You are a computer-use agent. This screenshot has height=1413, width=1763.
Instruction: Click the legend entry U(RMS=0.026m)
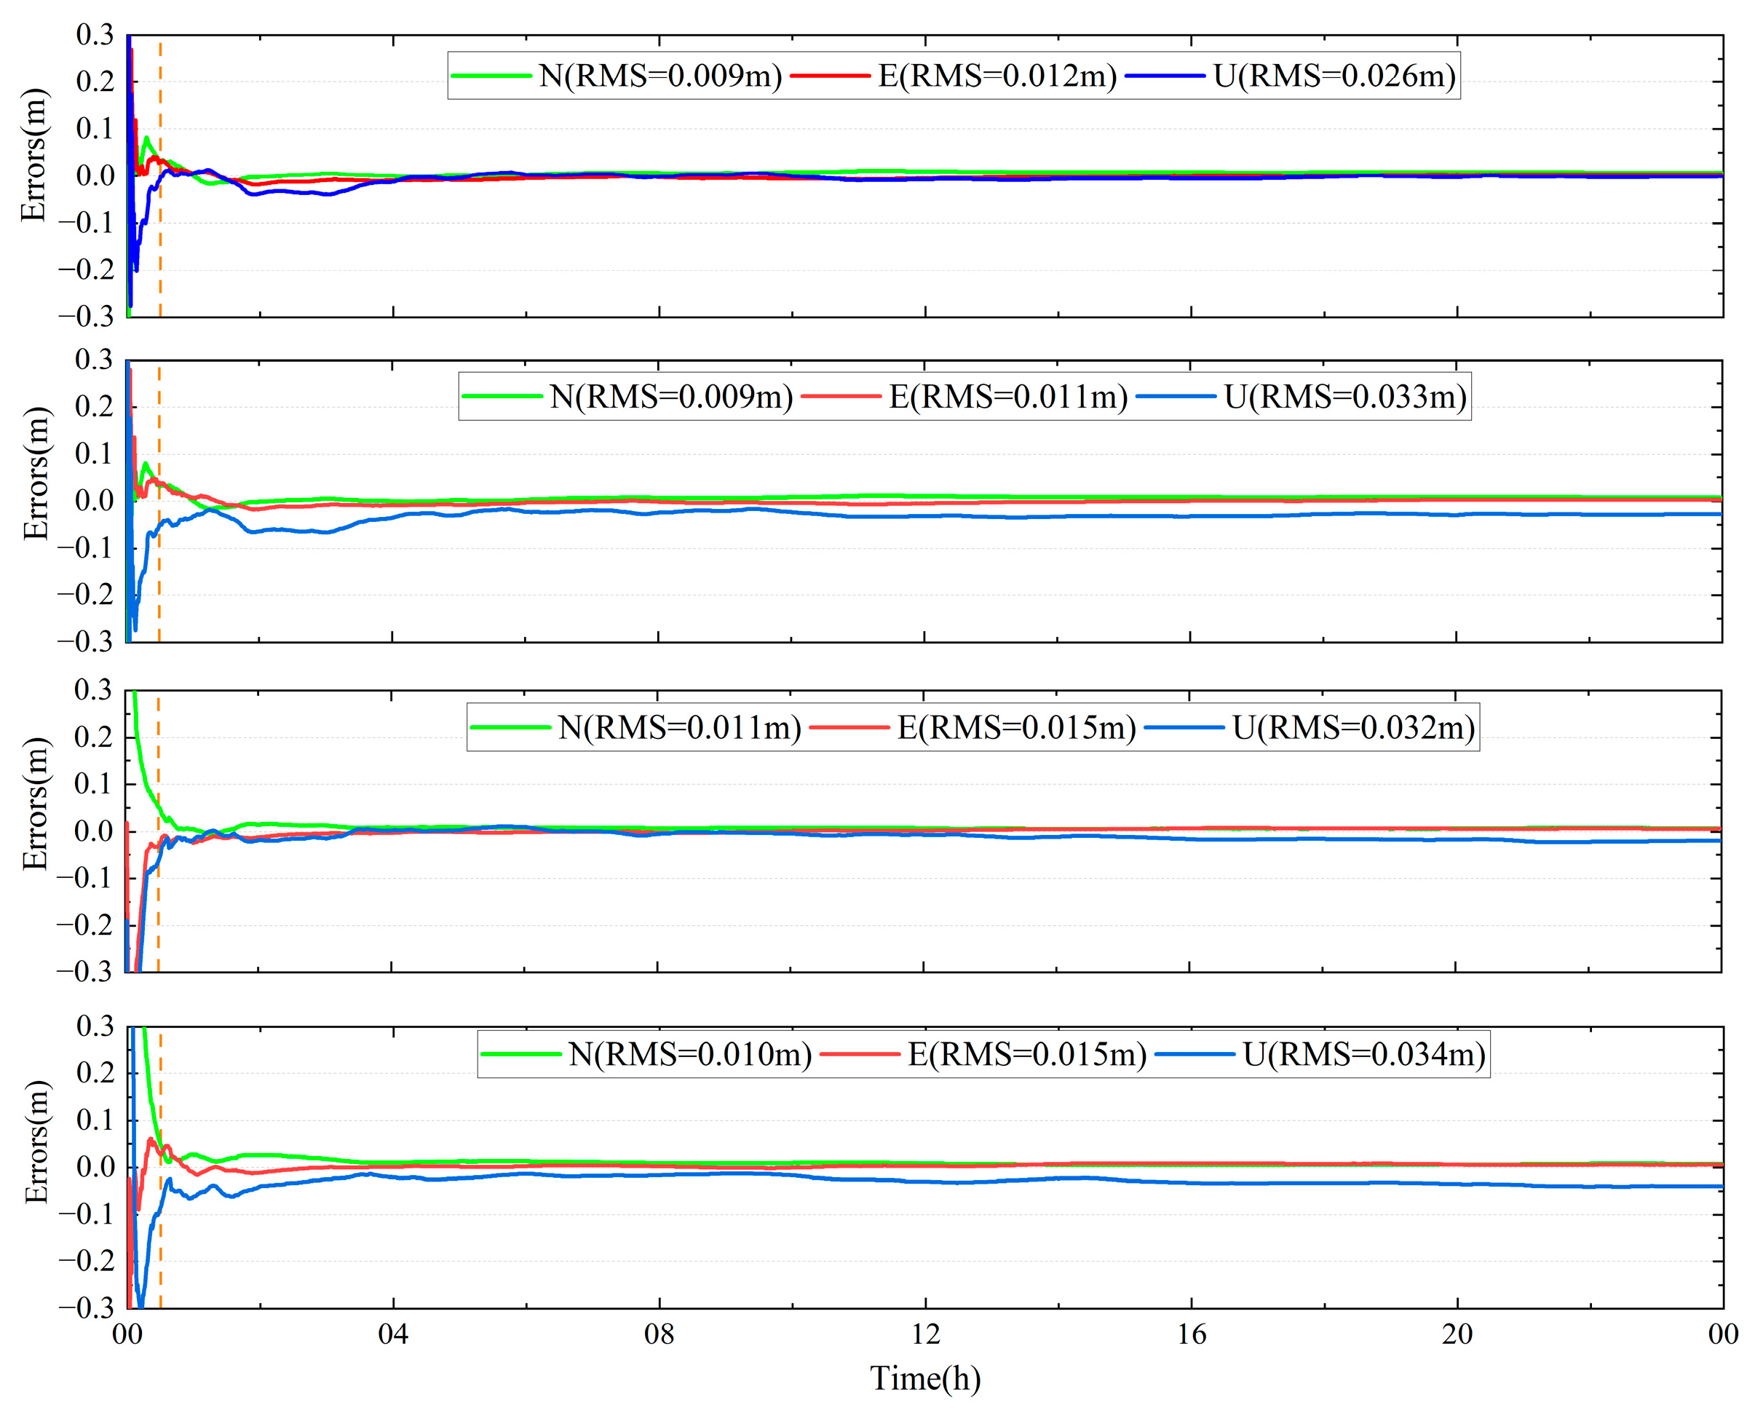click(x=1334, y=76)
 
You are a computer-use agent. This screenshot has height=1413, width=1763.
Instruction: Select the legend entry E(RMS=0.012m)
click(x=997, y=76)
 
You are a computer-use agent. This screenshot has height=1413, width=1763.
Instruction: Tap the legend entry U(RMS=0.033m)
click(x=1344, y=397)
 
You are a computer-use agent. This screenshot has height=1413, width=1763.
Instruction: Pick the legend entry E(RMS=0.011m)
click(x=1007, y=397)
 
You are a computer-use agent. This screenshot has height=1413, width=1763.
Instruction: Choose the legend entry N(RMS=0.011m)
click(x=678, y=727)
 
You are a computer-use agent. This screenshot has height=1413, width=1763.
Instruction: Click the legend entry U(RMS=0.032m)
click(x=1353, y=727)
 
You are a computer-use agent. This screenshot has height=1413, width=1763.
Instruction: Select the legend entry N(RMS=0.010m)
click(x=689, y=1054)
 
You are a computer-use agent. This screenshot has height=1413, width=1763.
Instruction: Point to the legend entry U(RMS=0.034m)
click(x=1364, y=1054)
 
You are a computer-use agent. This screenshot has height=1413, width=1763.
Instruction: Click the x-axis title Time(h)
click(x=925, y=1379)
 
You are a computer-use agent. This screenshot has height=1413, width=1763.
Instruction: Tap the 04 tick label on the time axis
click(x=392, y=1334)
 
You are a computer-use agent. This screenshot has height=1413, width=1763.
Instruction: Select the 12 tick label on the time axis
click(x=925, y=1334)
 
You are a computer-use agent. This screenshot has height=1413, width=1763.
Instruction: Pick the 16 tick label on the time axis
click(x=1192, y=1334)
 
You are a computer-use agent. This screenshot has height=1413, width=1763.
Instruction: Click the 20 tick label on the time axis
click(x=1457, y=1334)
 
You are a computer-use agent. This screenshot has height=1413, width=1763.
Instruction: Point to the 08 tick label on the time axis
click(x=659, y=1334)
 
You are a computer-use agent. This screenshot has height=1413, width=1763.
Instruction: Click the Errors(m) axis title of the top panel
click(x=34, y=155)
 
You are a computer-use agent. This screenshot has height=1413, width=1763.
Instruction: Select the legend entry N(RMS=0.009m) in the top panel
click(x=659, y=76)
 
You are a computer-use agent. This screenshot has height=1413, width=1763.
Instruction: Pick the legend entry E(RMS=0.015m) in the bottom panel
click(x=1026, y=1054)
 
